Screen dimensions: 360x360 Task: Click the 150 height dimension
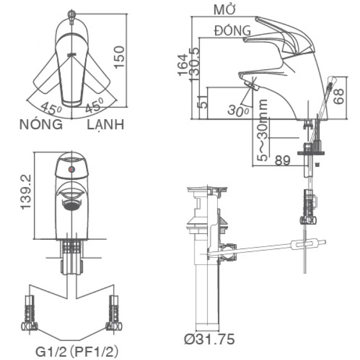pyautogui.click(x=119, y=57)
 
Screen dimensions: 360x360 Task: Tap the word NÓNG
pyautogui.click(x=41, y=125)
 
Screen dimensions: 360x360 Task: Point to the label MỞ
pyautogui.click(x=225, y=9)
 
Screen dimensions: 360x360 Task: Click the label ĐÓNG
pyautogui.click(x=233, y=30)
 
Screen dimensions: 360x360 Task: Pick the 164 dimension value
pyautogui.click(x=183, y=64)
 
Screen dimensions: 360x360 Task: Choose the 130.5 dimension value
pyautogui.click(x=194, y=64)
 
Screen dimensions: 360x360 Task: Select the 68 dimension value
pyautogui.click(x=339, y=96)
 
